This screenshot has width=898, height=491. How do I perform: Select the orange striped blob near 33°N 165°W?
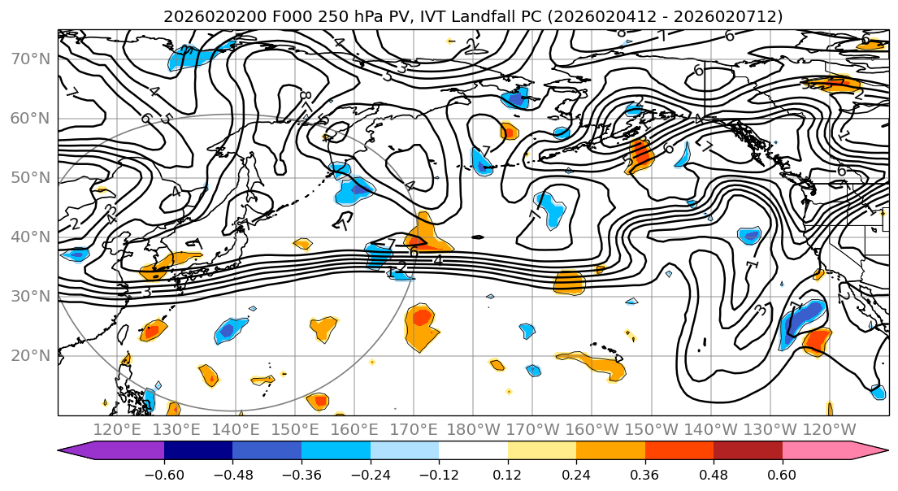tap(570, 282)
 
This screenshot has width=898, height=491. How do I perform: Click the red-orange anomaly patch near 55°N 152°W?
tap(640, 154)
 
